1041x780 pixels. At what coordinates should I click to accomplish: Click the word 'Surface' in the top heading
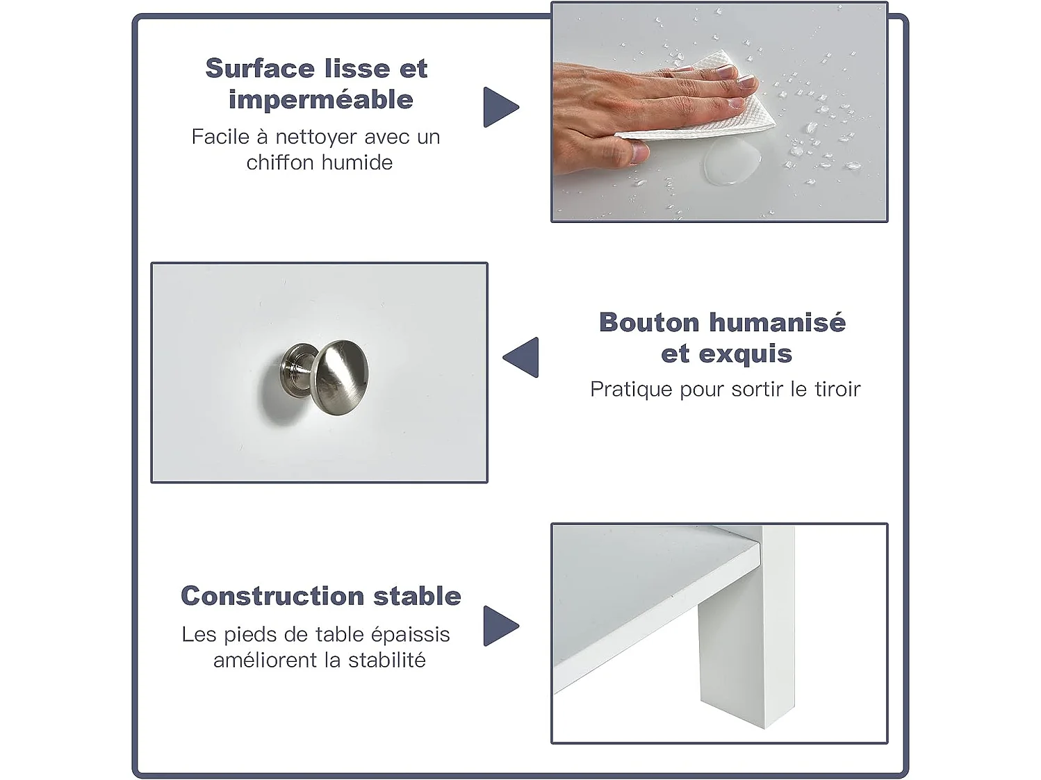tap(260, 69)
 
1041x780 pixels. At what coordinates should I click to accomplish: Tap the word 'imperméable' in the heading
tap(320, 100)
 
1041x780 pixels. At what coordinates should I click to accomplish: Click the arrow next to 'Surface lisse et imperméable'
tap(500, 107)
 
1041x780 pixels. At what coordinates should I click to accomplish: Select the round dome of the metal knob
tap(340, 376)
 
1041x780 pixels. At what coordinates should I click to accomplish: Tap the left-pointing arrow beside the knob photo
tap(522, 357)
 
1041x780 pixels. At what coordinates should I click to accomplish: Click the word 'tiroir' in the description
tap(837, 389)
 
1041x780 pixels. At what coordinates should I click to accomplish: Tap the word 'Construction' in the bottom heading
tap(272, 596)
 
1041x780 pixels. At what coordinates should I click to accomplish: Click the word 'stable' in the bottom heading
tap(417, 596)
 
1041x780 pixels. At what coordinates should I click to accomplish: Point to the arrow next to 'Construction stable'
tap(500, 626)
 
